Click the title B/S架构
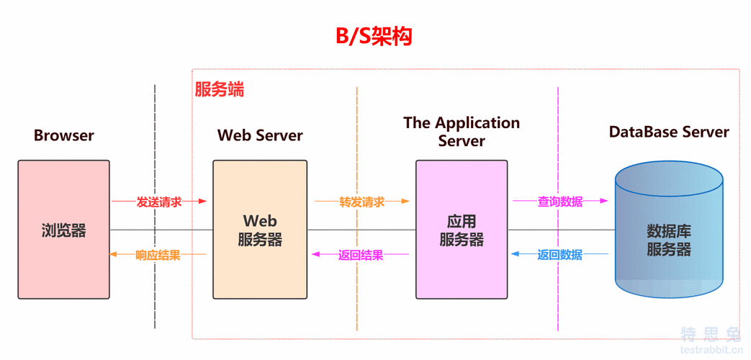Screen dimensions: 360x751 [374, 35]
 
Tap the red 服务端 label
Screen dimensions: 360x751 [220, 89]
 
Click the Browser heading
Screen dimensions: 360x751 [64, 135]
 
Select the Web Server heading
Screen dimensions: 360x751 [260, 135]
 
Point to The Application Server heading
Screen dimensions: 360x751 [462, 132]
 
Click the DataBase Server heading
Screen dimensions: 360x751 [669, 132]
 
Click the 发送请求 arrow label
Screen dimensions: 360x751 [159, 202]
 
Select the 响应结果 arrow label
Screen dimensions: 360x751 [158, 255]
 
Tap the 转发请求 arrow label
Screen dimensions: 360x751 [361, 202]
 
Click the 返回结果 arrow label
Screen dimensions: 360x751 [361, 255]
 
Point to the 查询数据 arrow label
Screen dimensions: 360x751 [560, 202]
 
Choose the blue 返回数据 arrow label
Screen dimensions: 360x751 [560, 255]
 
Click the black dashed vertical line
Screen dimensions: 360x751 [155, 302]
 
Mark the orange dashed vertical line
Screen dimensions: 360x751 [356, 302]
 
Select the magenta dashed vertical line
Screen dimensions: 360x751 [558, 302]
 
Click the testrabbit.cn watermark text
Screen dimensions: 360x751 [711, 349]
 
